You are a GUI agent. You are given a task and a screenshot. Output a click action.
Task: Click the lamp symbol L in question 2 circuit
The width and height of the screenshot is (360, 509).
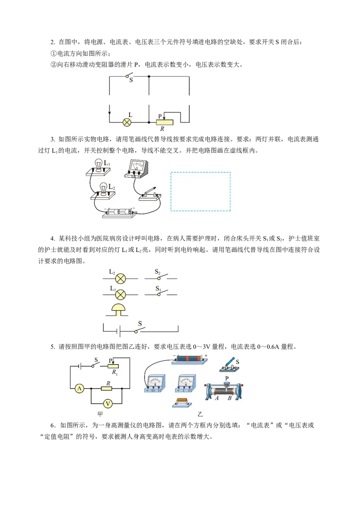127,122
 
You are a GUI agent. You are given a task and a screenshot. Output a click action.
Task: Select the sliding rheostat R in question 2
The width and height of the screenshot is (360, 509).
165,122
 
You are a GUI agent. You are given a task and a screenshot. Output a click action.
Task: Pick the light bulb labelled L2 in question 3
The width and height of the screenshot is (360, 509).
103,189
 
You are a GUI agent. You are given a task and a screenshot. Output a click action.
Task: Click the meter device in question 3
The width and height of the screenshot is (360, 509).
136,168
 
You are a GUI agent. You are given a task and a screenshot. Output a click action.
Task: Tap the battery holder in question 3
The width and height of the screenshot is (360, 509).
119,212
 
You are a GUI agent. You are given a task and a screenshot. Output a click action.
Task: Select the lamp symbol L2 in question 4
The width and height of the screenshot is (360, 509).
121,278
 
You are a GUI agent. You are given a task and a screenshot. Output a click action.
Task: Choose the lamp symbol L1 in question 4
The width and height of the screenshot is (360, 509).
121,295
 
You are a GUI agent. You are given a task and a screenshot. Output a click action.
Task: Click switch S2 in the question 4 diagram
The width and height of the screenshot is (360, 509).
161,277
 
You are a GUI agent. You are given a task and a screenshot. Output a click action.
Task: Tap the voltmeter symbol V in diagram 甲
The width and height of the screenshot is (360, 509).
108,404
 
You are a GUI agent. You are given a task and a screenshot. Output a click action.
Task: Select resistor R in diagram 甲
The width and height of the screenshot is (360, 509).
107,388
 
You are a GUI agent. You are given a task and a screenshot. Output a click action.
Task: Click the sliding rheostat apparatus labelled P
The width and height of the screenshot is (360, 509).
224,390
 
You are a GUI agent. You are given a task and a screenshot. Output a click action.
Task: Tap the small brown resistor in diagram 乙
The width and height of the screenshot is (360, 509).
182,402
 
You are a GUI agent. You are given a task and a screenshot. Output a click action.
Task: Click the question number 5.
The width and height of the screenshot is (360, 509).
53,347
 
